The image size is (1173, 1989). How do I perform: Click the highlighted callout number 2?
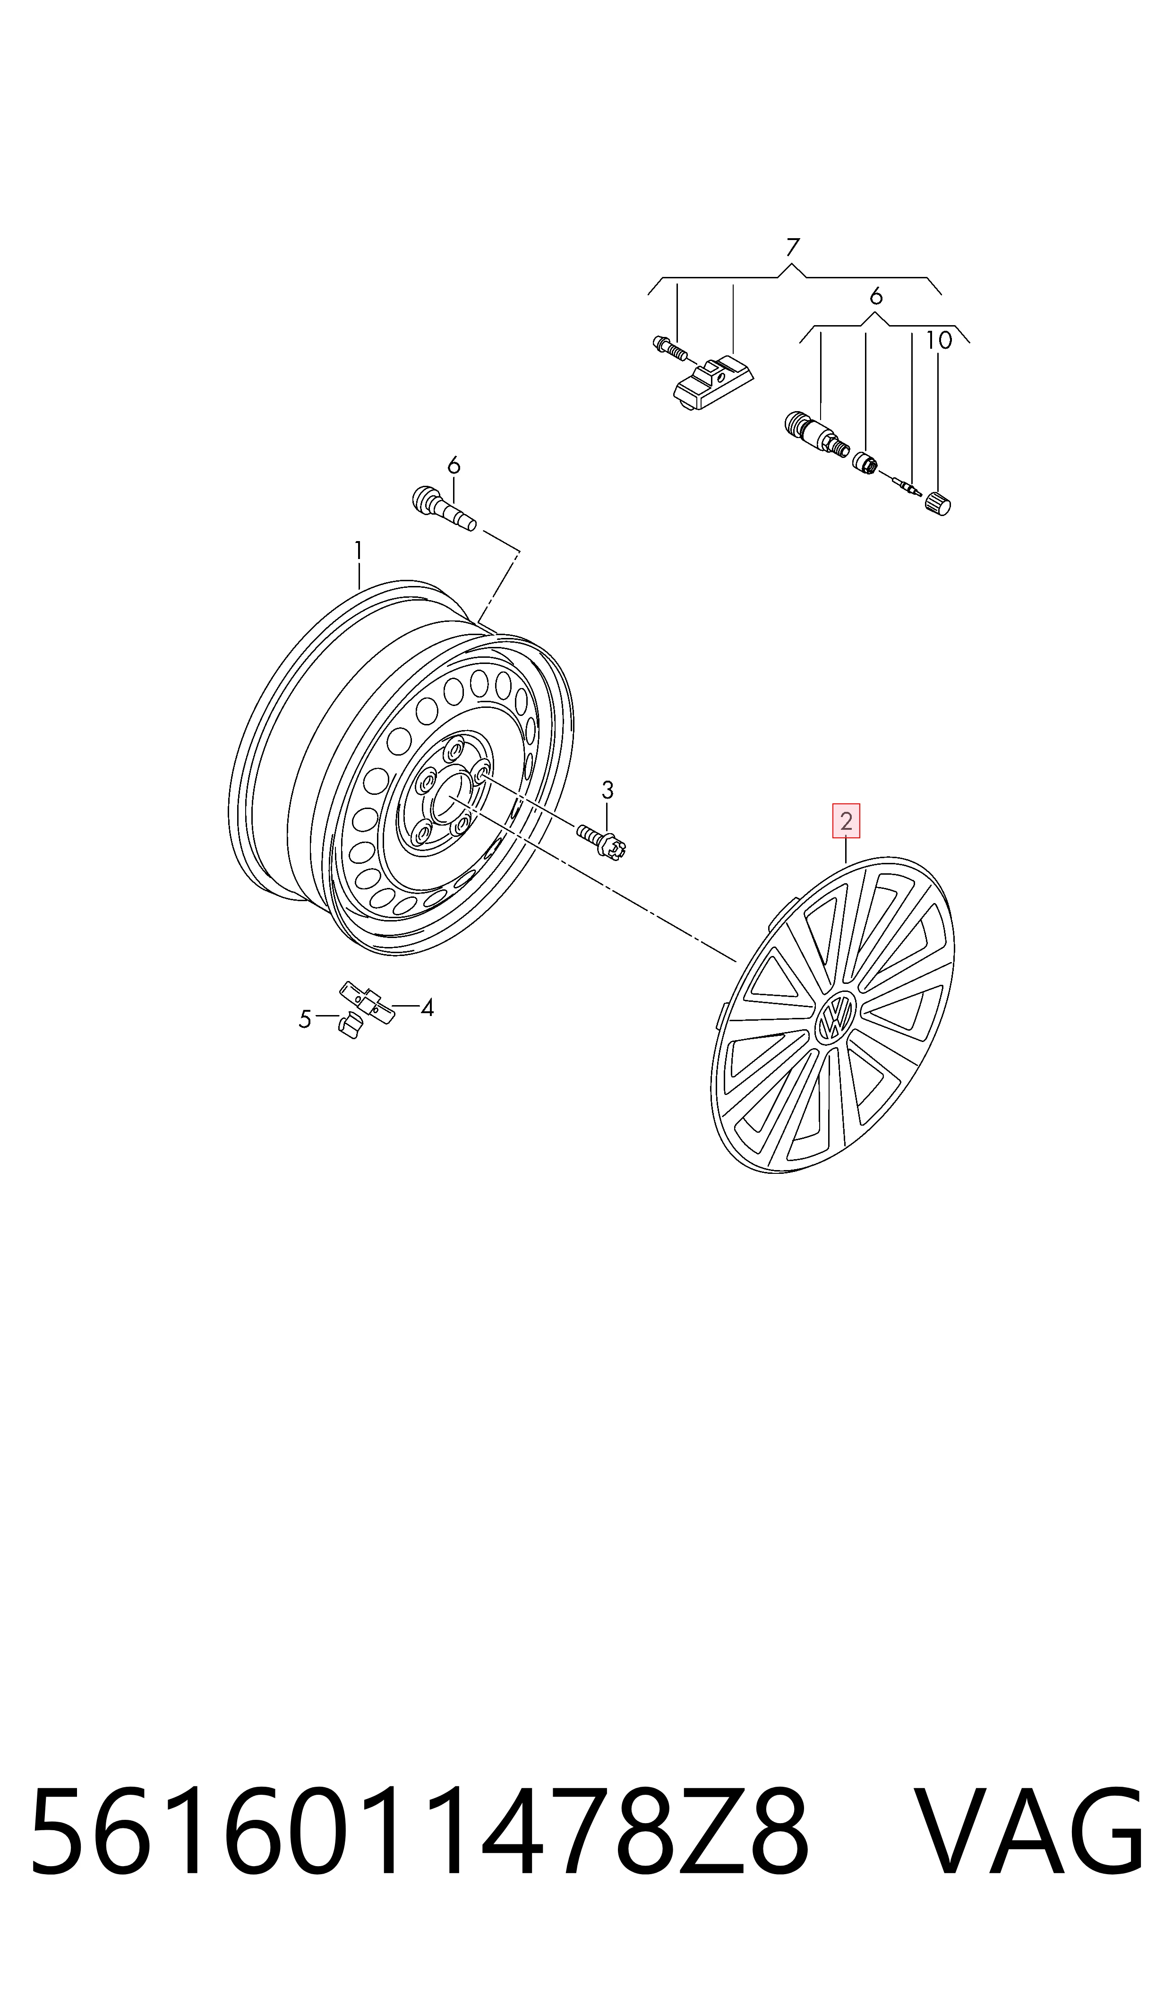(846, 821)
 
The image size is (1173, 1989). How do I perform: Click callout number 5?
(305, 1020)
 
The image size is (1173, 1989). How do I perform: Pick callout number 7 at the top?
(793, 248)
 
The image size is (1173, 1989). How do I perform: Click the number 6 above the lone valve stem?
(454, 465)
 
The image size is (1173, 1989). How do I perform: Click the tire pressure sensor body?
(713, 384)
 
